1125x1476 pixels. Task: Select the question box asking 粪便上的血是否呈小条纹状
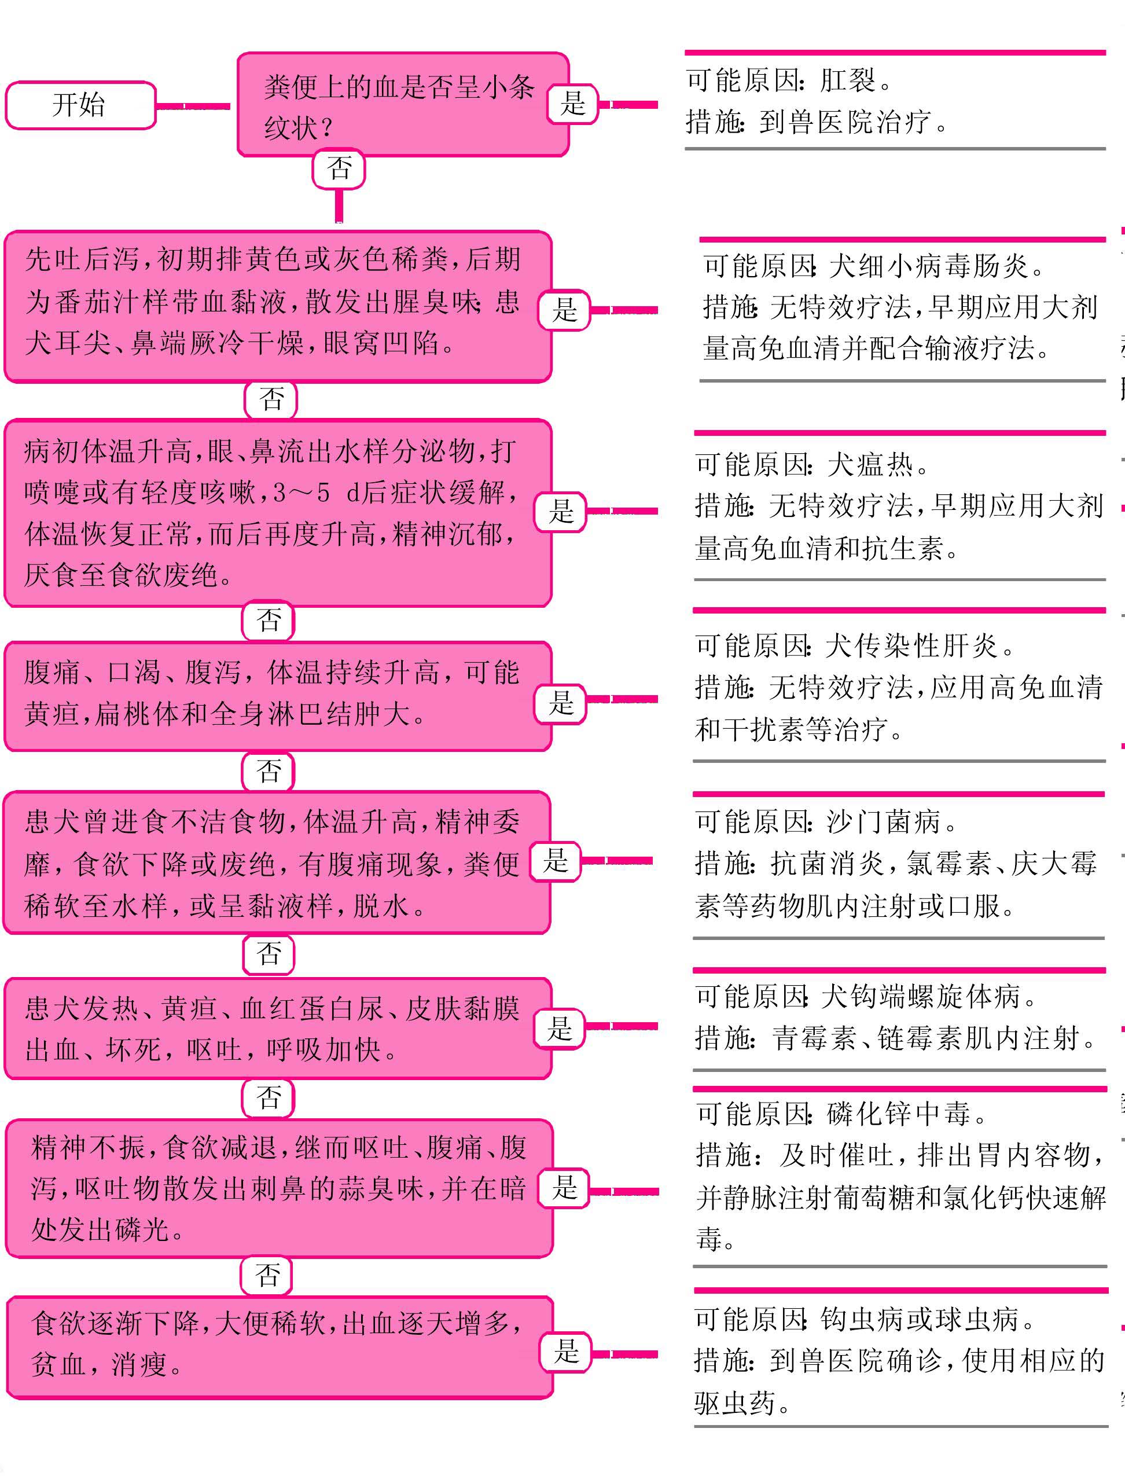[x=403, y=104]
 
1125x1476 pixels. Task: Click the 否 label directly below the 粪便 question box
[x=339, y=168]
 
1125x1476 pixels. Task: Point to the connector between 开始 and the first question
[x=193, y=107]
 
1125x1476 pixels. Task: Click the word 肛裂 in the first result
[x=848, y=81]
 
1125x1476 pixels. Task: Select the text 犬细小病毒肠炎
[x=928, y=266]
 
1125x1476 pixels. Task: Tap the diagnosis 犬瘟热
[x=870, y=464]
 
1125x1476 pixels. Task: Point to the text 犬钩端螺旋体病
[x=920, y=997]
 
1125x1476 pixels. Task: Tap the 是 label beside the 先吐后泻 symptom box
[x=564, y=310]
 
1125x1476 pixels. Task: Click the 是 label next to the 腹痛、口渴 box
[x=561, y=703]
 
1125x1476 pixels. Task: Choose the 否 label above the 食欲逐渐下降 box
[x=267, y=1275]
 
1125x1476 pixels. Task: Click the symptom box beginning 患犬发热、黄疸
[x=278, y=1028]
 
